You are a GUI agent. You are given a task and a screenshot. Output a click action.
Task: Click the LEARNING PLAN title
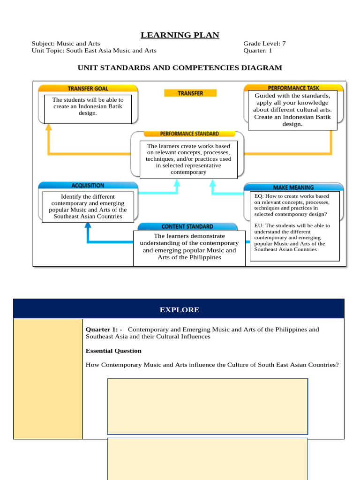click(x=180, y=35)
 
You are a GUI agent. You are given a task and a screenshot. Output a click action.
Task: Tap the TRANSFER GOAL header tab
click(x=88, y=88)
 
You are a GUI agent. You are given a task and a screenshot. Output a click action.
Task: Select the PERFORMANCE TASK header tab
click(x=294, y=88)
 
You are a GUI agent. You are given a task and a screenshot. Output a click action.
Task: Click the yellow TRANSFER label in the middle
click(x=190, y=93)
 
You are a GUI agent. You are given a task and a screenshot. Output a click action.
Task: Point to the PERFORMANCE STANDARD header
click(x=187, y=134)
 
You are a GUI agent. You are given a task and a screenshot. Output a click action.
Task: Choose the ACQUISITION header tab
click(x=88, y=186)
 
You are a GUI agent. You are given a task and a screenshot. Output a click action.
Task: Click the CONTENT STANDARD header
click(x=187, y=226)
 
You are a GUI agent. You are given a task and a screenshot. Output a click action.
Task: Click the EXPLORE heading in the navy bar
click(x=179, y=310)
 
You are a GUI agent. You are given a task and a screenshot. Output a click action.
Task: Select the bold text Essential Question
click(x=113, y=351)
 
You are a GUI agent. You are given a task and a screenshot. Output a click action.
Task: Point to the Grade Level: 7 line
click(x=264, y=44)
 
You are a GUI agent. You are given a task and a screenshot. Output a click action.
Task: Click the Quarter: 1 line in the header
click(x=257, y=51)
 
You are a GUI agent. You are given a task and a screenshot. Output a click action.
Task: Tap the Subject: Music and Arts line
click(x=66, y=44)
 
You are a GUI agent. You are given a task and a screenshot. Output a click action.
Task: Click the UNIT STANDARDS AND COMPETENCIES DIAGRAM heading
click(x=180, y=68)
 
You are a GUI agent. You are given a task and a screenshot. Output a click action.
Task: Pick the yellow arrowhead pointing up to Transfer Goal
click(x=48, y=127)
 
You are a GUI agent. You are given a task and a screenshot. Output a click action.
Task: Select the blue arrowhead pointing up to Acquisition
click(x=87, y=225)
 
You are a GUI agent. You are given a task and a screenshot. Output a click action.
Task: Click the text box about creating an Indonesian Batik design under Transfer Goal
click(x=88, y=107)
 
